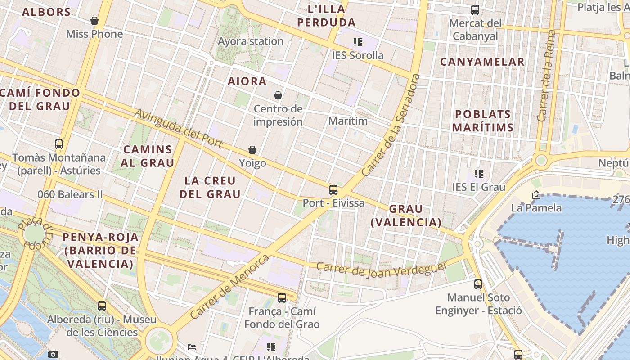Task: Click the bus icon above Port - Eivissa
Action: [x=333, y=190]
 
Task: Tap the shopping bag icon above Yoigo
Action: [x=252, y=150]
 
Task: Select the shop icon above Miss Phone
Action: [x=94, y=21]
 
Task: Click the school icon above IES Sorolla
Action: [x=358, y=42]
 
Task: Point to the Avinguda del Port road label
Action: [x=179, y=128]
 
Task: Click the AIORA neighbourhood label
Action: [x=247, y=81]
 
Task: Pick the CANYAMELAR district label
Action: [x=482, y=62]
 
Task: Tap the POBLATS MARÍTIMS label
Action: [x=483, y=121]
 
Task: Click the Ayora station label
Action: [x=251, y=41]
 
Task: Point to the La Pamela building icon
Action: [x=536, y=195]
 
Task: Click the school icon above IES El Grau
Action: [x=479, y=174]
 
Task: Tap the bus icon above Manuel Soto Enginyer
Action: [x=478, y=284]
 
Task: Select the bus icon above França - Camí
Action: [x=282, y=298]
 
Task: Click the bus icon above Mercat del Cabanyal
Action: [x=475, y=10]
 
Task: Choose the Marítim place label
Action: [x=348, y=121]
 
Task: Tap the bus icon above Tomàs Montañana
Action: [x=59, y=144]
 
